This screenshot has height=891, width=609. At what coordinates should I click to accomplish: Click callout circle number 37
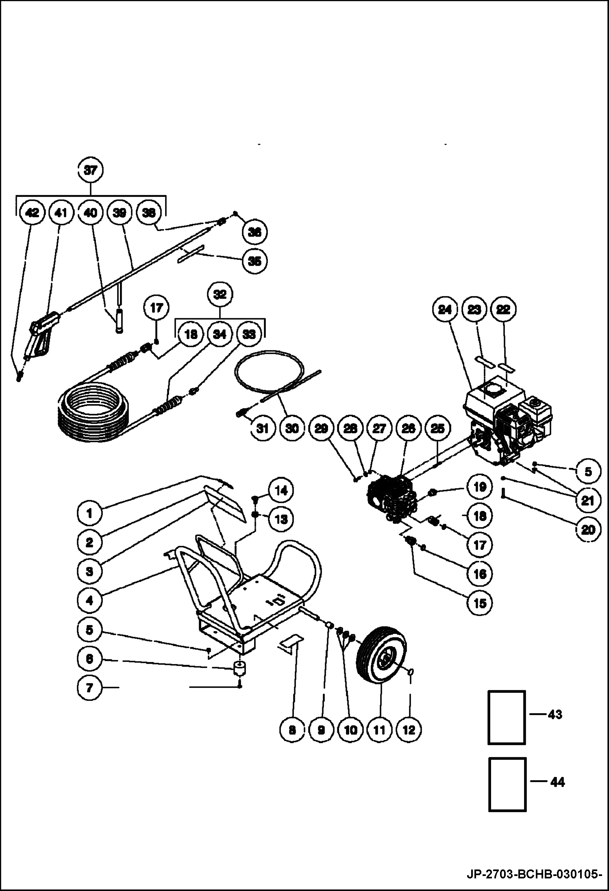coord(90,170)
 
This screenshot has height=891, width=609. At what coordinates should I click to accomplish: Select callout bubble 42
coord(32,212)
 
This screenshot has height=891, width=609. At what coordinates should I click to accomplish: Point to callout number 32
coord(220,294)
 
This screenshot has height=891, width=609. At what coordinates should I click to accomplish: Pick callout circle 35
coord(254,261)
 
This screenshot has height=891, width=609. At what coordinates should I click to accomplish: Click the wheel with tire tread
coord(381,659)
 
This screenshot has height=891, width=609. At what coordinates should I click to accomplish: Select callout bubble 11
coord(379,730)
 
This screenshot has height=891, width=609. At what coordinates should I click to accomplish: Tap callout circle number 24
coord(445,310)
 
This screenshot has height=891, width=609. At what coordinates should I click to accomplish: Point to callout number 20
coord(588,529)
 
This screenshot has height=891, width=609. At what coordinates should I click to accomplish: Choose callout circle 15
coord(480,603)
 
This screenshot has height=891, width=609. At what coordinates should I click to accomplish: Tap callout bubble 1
coord(90,513)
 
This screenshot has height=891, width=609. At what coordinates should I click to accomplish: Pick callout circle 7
coord(90,688)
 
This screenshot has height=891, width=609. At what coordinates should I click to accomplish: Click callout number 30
coord(292,428)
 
